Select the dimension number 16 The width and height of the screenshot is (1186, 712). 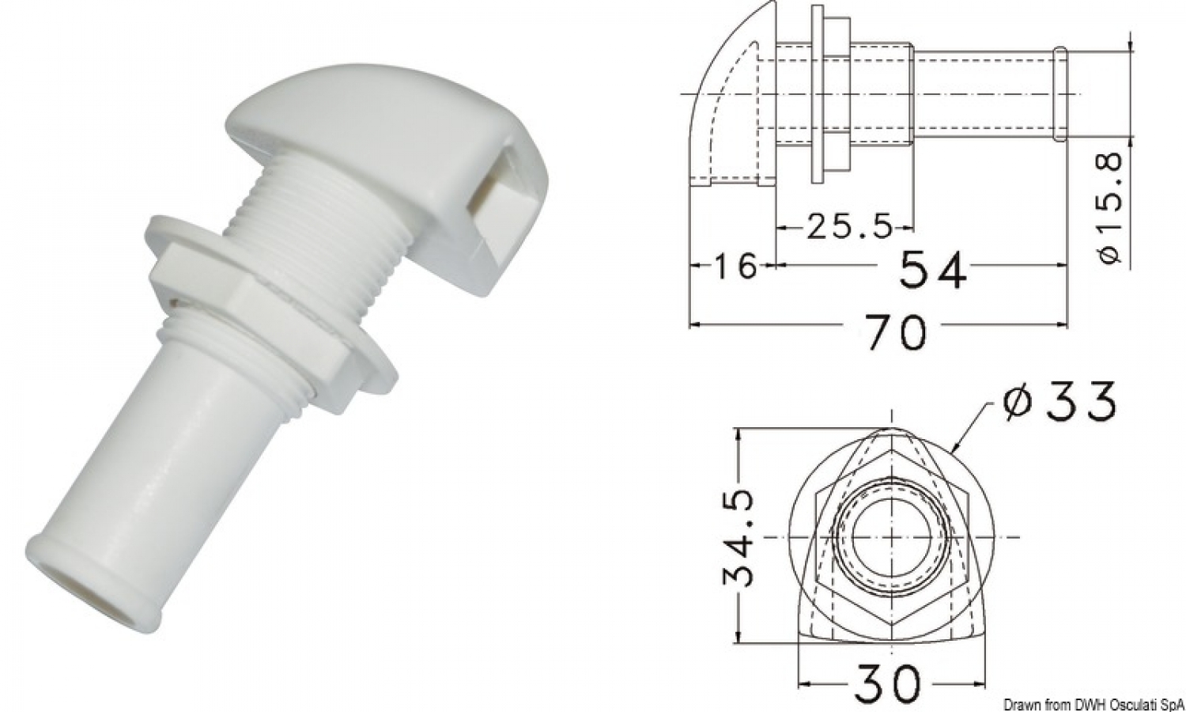[735, 267]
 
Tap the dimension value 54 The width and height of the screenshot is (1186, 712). [933, 269]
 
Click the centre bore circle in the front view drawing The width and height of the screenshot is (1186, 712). [893, 536]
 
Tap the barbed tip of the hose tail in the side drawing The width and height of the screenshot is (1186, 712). [1060, 94]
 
